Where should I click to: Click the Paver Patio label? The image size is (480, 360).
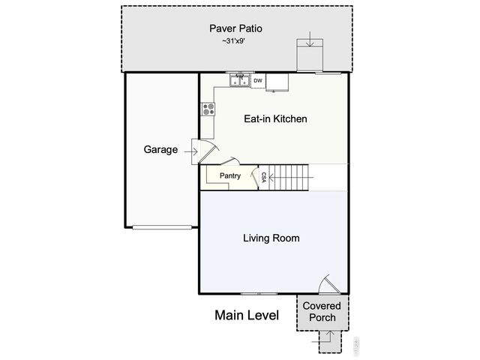(235, 29)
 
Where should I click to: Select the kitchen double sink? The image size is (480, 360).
(240, 79)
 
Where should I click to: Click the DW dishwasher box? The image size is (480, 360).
(257, 80)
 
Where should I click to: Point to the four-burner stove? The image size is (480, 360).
(208, 109)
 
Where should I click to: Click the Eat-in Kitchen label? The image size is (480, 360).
(276, 119)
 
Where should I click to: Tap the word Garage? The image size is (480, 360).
(160, 149)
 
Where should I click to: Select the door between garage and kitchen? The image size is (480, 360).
(205, 151)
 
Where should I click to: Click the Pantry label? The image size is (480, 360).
(229, 176)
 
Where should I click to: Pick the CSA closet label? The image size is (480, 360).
(264, 177)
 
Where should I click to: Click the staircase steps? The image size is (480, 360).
(292, 178)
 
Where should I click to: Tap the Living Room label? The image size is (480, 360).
(271, 238)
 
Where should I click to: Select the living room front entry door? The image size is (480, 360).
(328, 284)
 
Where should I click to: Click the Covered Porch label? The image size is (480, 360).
(322, 311)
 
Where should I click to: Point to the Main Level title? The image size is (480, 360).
(247, 315)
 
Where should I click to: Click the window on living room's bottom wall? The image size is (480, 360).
(259, 292)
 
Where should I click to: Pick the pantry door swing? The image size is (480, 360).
(230, 161)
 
